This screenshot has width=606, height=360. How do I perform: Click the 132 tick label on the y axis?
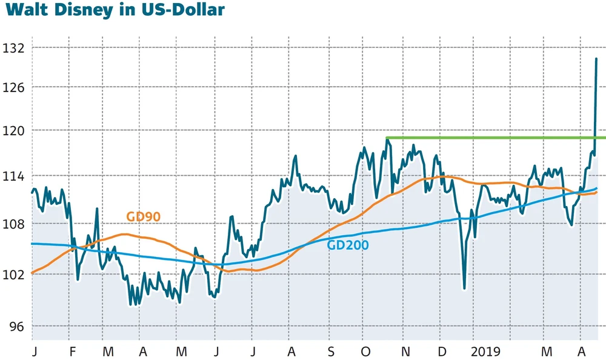(13, 47)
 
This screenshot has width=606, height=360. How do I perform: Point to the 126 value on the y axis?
(13, 87)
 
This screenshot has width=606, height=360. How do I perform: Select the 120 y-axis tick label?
(13, 130)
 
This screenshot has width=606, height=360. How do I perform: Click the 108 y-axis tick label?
(13, 224)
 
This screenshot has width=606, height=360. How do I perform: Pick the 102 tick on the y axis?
(13, 275)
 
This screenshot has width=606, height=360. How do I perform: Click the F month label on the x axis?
(73, 352)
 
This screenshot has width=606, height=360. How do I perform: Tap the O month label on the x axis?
(366, 352)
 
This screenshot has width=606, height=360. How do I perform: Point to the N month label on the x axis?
(406, 352)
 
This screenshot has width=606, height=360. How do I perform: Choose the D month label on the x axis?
(442, 352)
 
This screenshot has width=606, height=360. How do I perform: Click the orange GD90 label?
(143, 217)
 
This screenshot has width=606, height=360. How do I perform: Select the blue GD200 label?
(347, 245)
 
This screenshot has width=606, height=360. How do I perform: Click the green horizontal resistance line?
(485, 138)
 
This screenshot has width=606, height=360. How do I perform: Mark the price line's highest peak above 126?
(596, 59)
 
